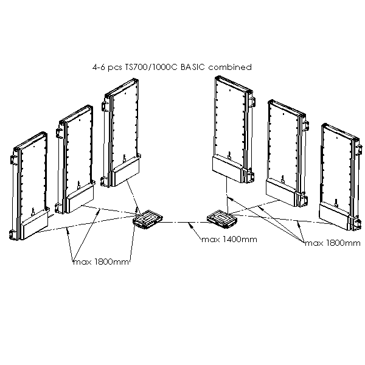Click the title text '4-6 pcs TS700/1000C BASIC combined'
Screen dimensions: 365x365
click(x=170, y=68)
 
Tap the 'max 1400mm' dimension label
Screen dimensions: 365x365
click(x=229, y=240)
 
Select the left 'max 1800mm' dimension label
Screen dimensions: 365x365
click(x=100, y=262)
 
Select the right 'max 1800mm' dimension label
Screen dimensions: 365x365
click(x=332, y=243)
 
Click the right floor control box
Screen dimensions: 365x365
click(x=220, y=217)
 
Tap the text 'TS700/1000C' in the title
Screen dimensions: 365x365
click(x=161, y=68)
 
